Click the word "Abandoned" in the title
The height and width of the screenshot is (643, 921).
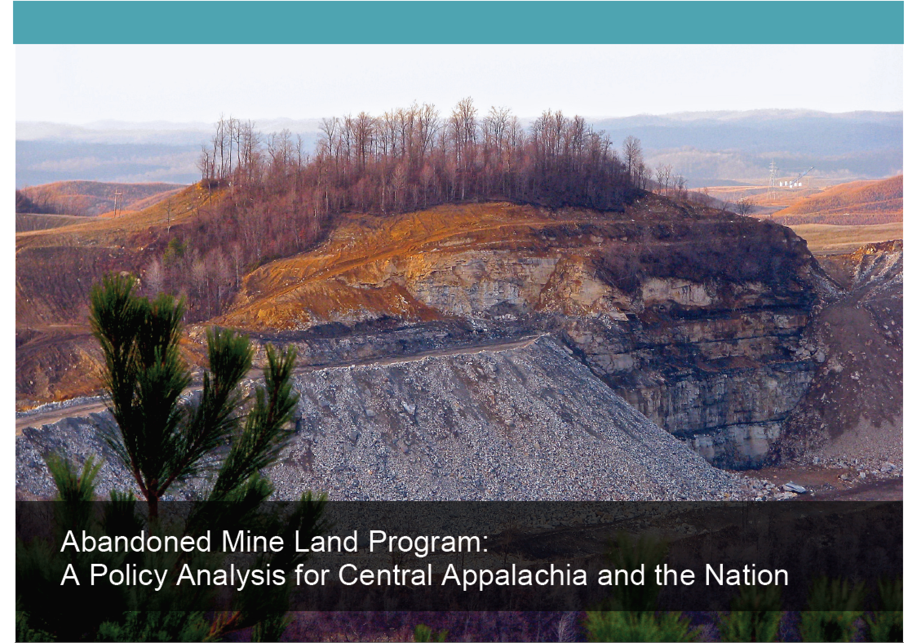[136, 542]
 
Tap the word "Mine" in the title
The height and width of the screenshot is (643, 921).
[254, 542]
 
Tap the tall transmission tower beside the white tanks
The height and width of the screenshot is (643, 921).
[772, 180]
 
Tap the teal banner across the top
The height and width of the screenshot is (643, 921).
[458, 22]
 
